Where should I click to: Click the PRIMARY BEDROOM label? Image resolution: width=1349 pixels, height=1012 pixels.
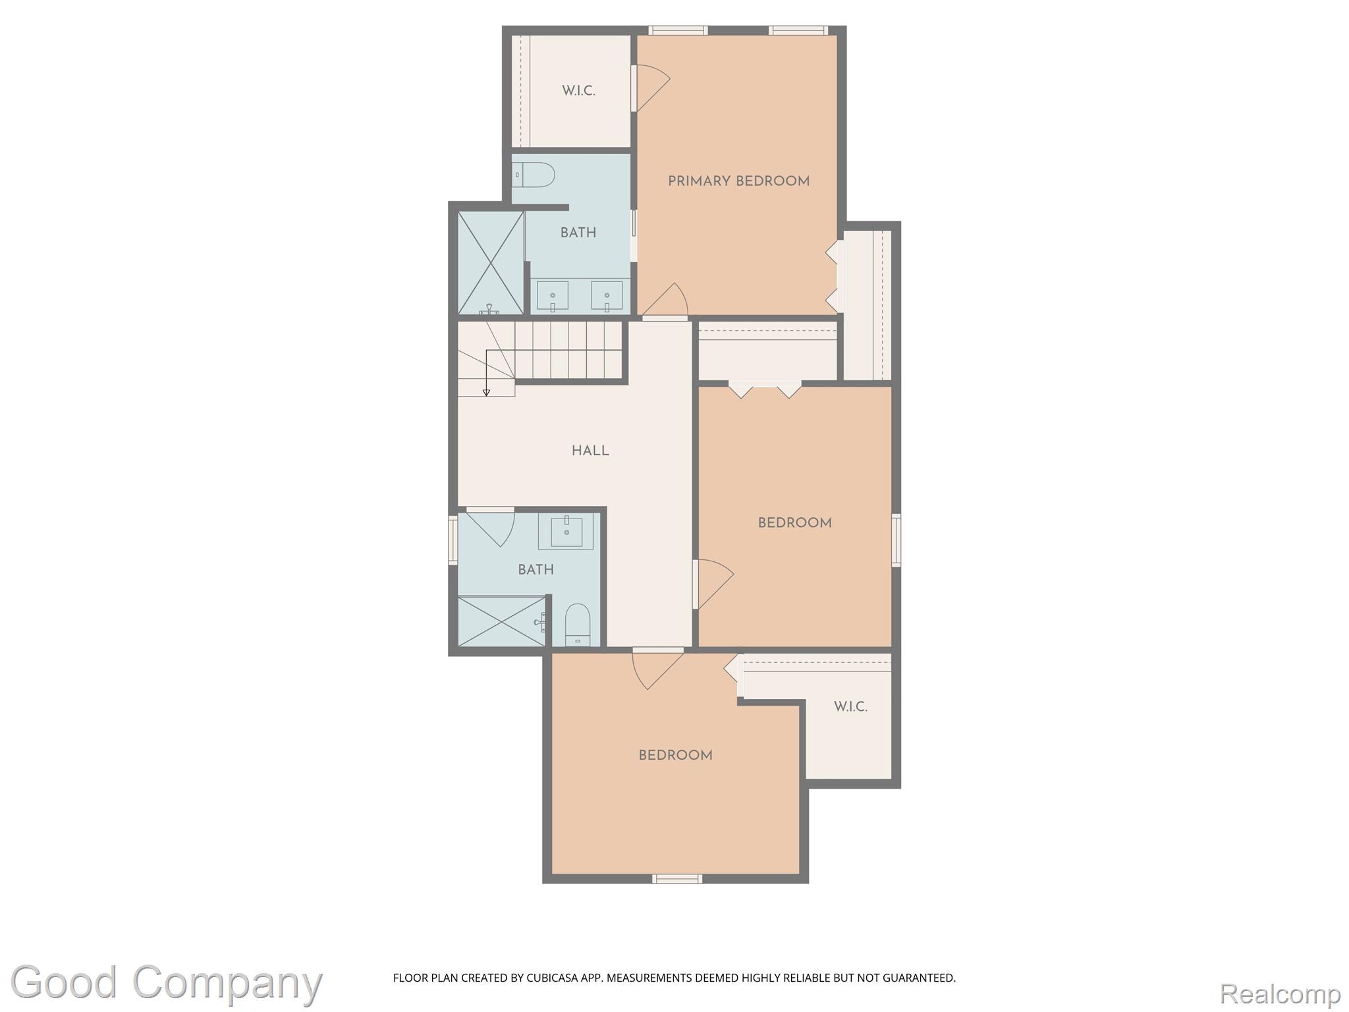tap(738, 181)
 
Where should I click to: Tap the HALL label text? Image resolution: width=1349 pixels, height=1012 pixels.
tap(590, 451)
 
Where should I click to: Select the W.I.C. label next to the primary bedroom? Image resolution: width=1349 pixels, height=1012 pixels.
tap(578, 91)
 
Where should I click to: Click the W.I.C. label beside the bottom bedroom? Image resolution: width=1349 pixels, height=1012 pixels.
tap(850, 707)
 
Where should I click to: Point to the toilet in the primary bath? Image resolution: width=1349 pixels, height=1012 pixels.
tap(534, 175)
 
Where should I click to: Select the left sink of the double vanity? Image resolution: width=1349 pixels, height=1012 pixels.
tap(553, 296)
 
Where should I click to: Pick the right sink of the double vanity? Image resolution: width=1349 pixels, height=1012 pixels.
tap(607, 296)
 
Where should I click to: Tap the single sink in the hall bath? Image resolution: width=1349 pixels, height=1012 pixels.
tap(566, 531)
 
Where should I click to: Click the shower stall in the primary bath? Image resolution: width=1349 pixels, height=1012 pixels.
tap(490, 263)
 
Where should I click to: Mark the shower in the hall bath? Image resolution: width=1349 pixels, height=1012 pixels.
tap(502, 621)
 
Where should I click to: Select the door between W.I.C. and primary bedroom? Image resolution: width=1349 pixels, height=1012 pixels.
tap(651, 88)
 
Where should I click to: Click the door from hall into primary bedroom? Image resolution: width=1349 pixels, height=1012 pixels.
tap(666, 302)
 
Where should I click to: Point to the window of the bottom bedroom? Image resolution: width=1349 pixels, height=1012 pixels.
tap(677, 878)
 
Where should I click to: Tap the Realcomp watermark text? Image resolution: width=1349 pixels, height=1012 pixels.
tap(1280, 993)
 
